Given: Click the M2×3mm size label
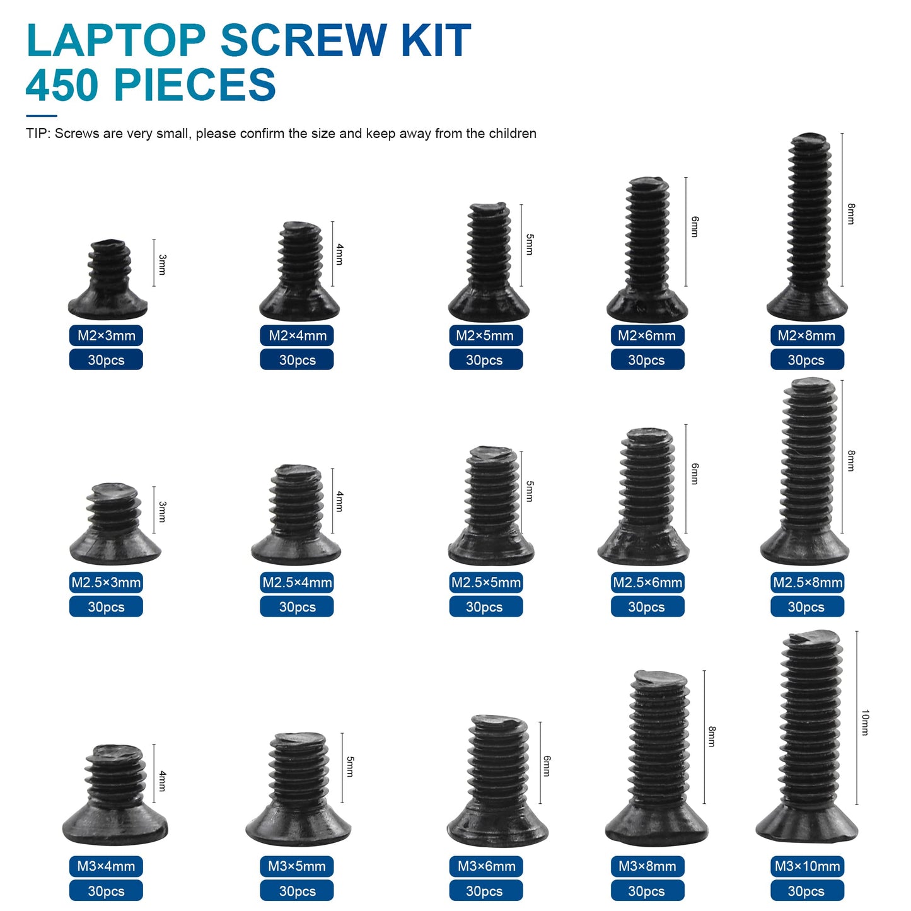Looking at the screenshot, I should pos(106,335).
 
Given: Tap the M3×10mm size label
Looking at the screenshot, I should pos(807,866).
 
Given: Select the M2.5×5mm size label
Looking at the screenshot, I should pos(485,583).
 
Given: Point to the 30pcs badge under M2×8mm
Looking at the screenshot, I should pos(806,360).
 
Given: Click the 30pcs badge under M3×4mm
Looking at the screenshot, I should pos(106,891).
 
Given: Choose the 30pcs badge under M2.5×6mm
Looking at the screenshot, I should pos(647,607).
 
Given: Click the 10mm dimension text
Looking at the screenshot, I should pos(865,722).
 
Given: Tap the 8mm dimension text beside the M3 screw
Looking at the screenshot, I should pos(712,736).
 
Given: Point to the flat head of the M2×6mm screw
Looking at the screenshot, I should pos(647,307).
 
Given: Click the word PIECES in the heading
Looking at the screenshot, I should pos(195,85).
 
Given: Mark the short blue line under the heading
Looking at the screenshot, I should pos(42,116).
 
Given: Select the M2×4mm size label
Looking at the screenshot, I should pos(298,335).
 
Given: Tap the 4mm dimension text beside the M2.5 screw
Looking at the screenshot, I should pos(340,501).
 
